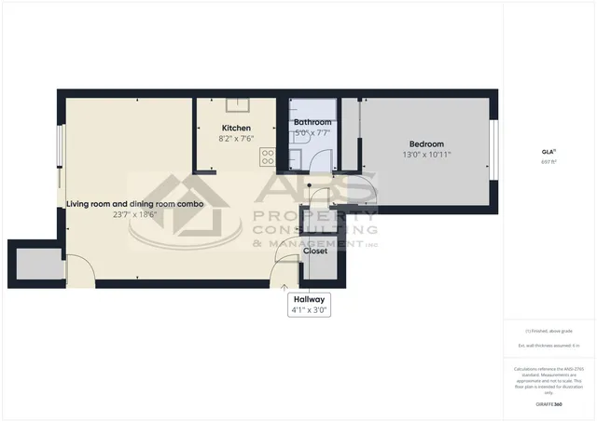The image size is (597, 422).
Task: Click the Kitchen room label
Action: (236, 128)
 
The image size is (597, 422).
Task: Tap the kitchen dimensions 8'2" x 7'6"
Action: (236, 139)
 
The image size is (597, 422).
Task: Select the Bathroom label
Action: (312, 122)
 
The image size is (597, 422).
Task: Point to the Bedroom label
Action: (425, 143)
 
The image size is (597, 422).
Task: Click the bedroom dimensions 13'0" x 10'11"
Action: (425, 155)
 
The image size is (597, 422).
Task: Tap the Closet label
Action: (315, 251)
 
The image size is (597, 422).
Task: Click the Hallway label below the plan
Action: (309, 299)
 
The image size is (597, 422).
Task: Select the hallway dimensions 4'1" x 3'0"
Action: (309, 310)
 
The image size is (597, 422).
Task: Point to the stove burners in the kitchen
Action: (268, 157)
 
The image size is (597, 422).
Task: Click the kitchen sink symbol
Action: (236, 104)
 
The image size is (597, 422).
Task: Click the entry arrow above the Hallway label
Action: (285, 288)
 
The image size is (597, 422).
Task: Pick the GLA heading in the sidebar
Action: (548, 151)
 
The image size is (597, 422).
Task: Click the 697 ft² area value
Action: (548, 162)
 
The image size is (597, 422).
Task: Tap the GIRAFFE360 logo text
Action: (550, 405)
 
